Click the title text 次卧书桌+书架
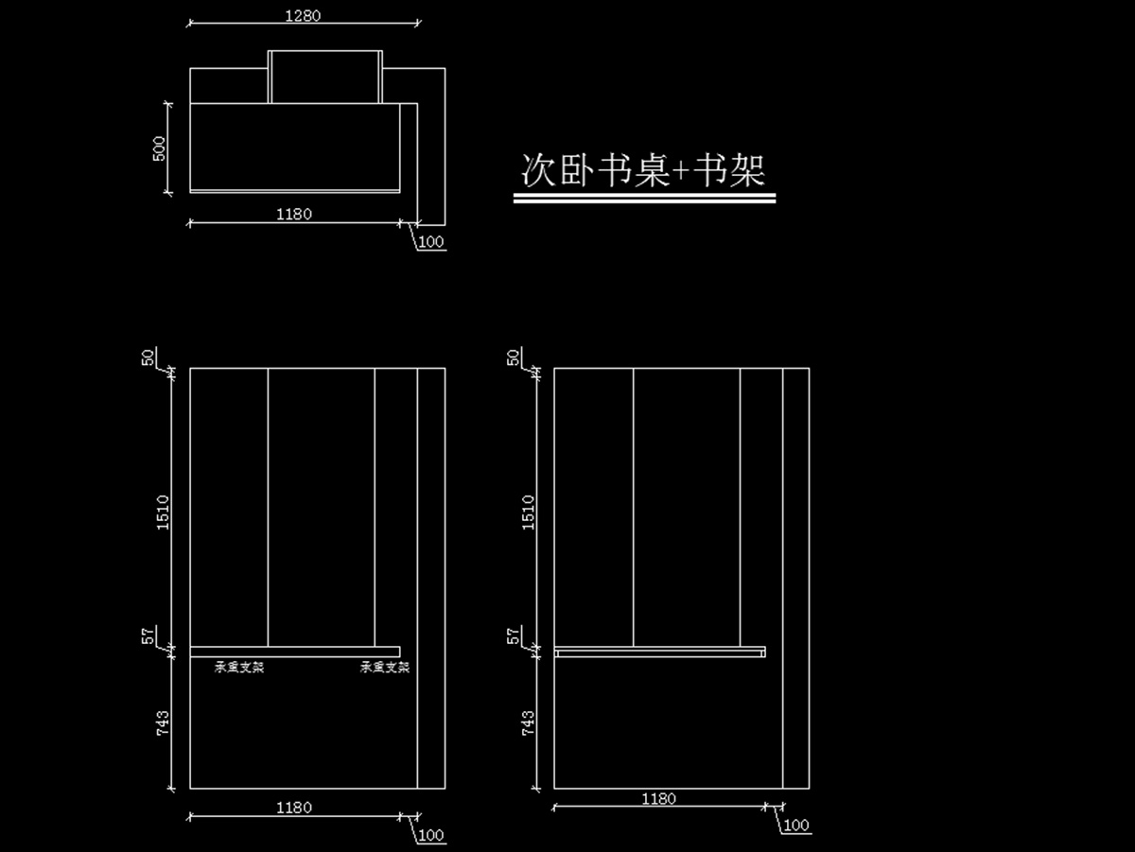(x=643, y=171)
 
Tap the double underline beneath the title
(x=644, y=199)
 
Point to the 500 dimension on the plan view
(x=159, y=148)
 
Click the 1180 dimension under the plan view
(x=294, y=215)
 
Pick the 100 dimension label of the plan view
(x=430, y=242)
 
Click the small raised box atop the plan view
(x=325, y=77)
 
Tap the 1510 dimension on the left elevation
(x=163, y=512)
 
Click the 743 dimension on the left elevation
(x=163, y=723)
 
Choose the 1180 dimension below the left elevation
(x=294, y=808)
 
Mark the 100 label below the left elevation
(x=430, y=835)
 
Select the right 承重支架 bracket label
(x=385, y=668)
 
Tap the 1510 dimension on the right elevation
(x=528, y=512)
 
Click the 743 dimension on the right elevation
(x=528, y=723)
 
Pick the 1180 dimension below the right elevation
(x=659, y=799)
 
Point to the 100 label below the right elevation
(x=796, y=826)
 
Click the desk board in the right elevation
(x=659, y=652)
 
